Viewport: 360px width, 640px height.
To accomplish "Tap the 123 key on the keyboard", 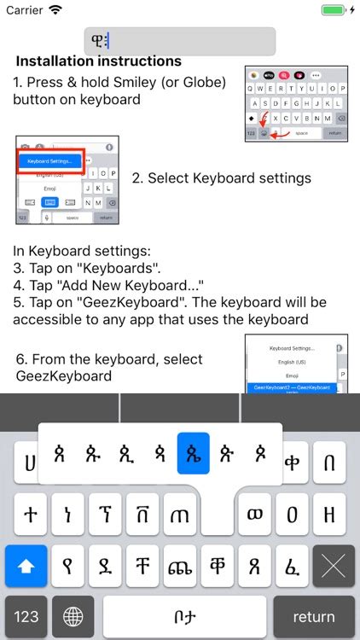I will click(26, 616).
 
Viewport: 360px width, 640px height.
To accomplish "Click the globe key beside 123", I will click(73, 616).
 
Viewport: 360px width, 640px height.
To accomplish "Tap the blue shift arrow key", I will click(26, 566).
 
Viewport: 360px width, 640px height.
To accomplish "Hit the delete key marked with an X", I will click(334, 566).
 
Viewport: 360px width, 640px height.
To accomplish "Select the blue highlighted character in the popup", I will click(193, 453).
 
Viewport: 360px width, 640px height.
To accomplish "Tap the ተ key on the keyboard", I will click(30, 515).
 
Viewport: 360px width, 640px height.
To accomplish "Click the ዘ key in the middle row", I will click(330, 515).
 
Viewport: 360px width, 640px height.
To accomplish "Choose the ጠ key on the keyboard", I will click(180, 515).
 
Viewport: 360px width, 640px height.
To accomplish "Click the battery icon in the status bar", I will click(334, 10).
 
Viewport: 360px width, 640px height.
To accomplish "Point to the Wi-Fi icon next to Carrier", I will click(55, 10).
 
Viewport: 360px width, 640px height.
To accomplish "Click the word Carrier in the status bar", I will click(24, 10).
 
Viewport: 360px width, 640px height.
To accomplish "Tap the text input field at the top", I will click(179, 41).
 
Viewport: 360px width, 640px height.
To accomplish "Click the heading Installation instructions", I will click(98, 61).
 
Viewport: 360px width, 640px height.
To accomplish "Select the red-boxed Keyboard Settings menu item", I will click(51, 160).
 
